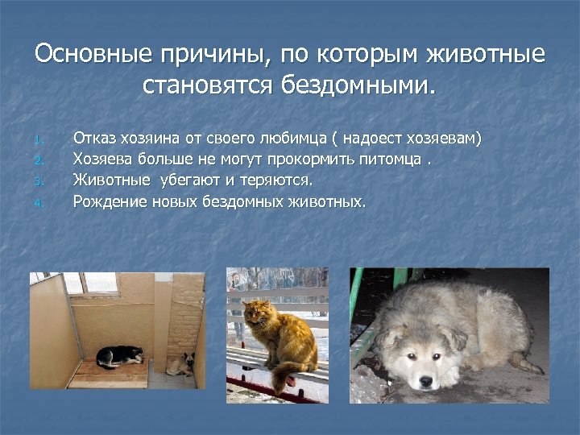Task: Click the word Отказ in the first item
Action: coord(93,139)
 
